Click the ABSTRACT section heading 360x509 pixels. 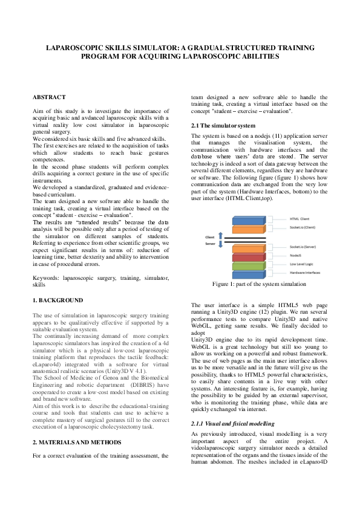(x=49, y=97)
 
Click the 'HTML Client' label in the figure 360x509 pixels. (x=299, y=218)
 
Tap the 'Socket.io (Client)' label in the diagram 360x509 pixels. (x=304, y=227)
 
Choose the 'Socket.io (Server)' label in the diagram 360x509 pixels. (x=304, y=247)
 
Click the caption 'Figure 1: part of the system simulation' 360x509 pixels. (x=259, y=283)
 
